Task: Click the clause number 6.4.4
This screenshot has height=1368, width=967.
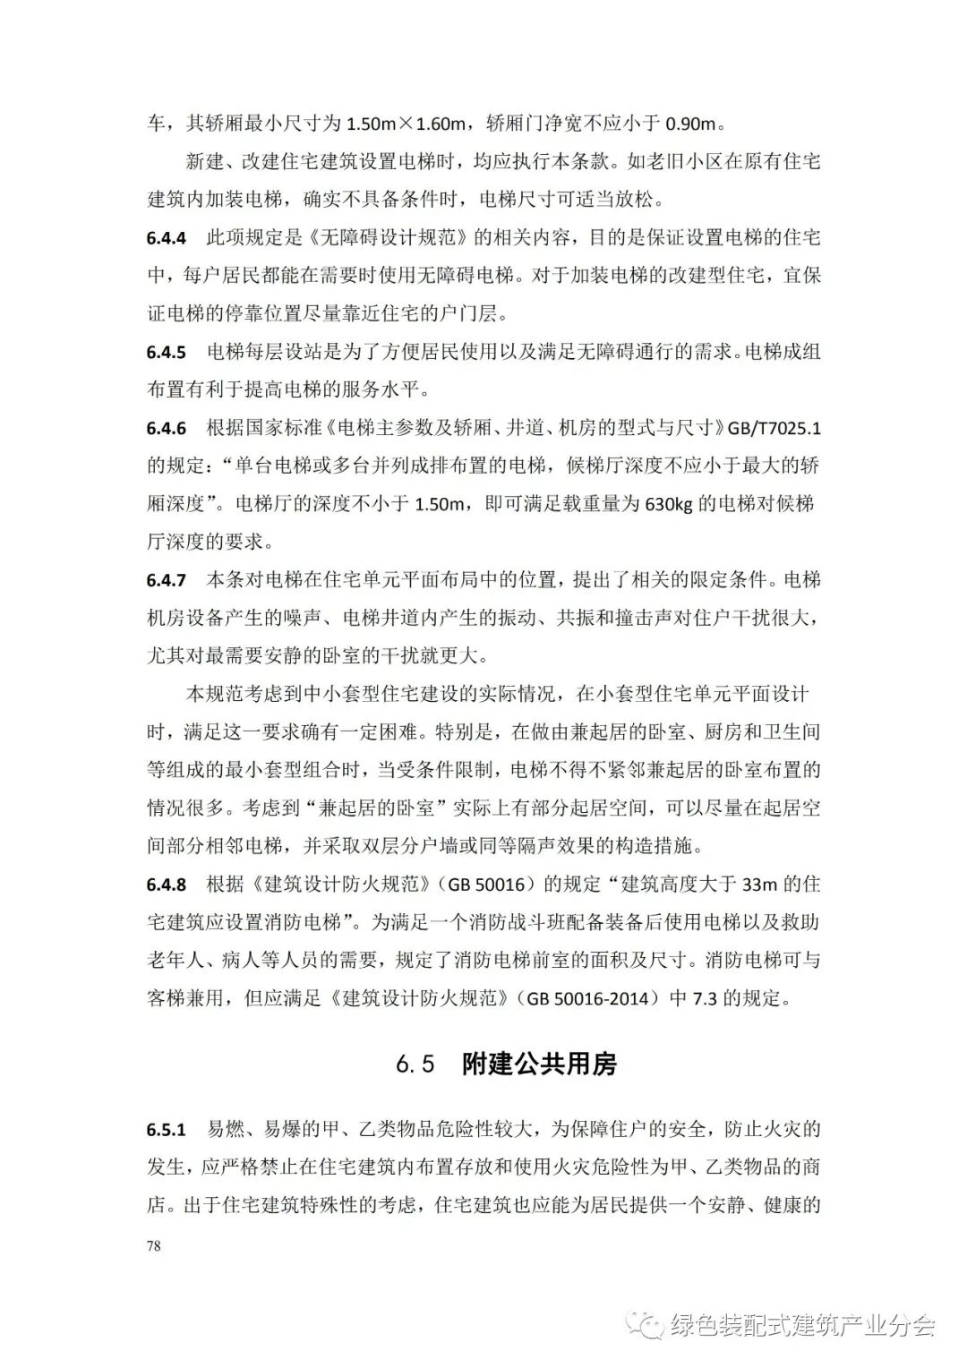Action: click(x=167, y=238)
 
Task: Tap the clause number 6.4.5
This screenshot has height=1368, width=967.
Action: click(x=167, y=352)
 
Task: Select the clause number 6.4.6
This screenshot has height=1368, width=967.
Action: click(x=167, y=428)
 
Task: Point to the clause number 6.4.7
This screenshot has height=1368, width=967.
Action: click(x=167, y=580)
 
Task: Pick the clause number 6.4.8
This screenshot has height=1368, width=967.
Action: click(x=167, y=885)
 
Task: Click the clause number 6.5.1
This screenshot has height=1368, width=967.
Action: click(x=167, y=1130)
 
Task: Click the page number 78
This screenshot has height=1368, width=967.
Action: click(x=154, y=1245)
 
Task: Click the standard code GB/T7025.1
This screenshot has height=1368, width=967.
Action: click(x=774, y=428)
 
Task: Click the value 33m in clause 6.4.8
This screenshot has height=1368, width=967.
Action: click(x=763, y=885)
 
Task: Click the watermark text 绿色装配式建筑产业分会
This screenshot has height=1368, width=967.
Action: click(x=801, y=1325)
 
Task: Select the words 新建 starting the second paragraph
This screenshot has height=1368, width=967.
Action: click(x=205, y=162)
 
